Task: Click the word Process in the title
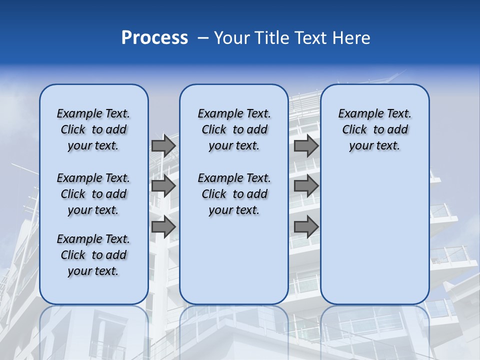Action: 154,38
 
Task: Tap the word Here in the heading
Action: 352,38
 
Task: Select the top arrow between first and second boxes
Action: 163,146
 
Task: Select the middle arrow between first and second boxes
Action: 163,186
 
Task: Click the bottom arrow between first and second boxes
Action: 163,226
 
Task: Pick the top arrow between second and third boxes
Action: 306,146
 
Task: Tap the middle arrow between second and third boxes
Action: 306,186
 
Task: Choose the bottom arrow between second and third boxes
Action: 306,226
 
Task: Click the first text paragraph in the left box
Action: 93,129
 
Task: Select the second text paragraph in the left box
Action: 93,194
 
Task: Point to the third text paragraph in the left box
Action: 93,255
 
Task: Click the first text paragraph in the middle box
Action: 234,129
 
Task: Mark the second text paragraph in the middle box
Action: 234,194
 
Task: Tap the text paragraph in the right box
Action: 375,129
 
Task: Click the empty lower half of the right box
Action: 375,240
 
